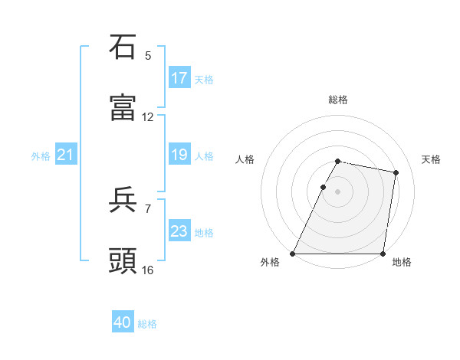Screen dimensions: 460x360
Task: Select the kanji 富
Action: pyautogui.click(x=123, y=107)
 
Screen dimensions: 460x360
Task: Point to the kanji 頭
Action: pyautogui.click(x=123, y=261)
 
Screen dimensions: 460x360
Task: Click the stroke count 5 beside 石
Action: pyautogui.click(x=148, y=55)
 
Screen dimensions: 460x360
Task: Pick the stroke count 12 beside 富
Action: pyautogui.click(x=148, y=117)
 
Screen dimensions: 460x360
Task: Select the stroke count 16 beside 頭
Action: pyautogui.click(x=148, y=270)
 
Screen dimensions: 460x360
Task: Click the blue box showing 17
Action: pyautogui.click(x=179, y=77)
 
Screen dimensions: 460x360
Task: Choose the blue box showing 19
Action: pyautogui.click(x=179, y=155)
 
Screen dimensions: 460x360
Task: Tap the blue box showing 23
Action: pyautogui.click(x=179, y=231)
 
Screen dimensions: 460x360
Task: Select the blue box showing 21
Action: pyautogui.click(x=66, y=155)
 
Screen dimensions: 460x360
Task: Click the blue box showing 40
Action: pyautogui.click(x=123, y=322)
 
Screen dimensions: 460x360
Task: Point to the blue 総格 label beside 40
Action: pyautogui.click(x=147, y=324)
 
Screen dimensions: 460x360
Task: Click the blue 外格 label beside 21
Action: pyautogui.click(x=41, y=156)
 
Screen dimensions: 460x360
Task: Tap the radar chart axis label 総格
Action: pyautogui.click(x=338, y=100)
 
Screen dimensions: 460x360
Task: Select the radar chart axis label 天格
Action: pyautogui.click(x=431, y=159)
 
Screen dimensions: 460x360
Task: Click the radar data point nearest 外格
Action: pyautogui.click(x=293, y=254)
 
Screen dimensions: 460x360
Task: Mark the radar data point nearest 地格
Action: pyautogui.click(x=383, y=254)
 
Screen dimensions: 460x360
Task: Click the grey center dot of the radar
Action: pyautogui.click(x=338, y=191)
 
